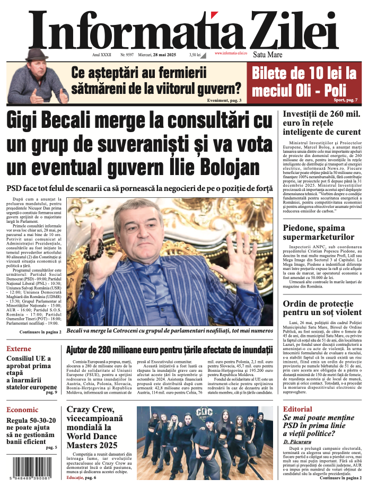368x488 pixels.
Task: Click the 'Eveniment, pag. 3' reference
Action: [x=225, y=100]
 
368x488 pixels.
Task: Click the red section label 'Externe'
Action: [x=19, y=348]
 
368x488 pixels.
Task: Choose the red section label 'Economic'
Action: [x=22, y=409]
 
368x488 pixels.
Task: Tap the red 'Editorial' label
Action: [x=297, y=409]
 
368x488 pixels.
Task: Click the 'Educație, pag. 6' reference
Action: [x=81, y=478]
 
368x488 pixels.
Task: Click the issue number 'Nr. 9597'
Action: [x=127, y=54]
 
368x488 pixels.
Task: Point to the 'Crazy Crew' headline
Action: [x=91, y=411]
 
